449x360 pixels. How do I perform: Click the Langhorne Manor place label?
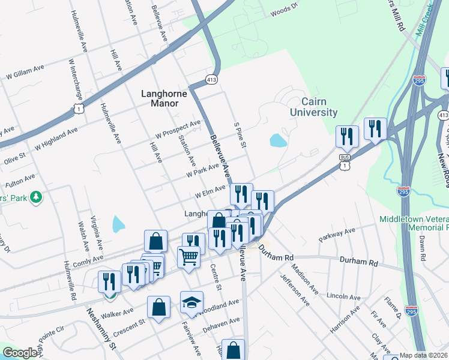(x=160, y=98)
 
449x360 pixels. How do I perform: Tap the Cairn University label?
(x=313, y=107)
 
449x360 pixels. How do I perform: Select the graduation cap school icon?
(x=191, y=303)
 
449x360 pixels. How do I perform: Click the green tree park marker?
(x=36, y=197)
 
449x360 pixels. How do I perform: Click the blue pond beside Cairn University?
(x=278, y=140)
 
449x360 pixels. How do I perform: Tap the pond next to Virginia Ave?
(x=118, y=224)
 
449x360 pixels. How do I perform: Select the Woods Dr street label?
(x=284, y=10)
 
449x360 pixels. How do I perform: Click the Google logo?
(x=20, y=353)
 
